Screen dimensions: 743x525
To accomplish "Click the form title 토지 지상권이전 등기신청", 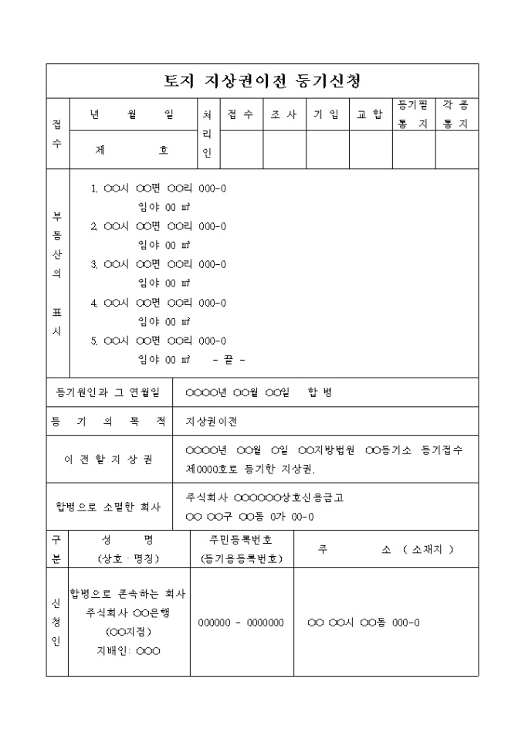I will click(x=262, y=81).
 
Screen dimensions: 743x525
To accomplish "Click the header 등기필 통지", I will click(x=413, y=114).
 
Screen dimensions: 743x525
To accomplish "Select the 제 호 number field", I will click(x=131, y=151).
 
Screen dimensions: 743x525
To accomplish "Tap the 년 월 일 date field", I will click(x=131, y=114).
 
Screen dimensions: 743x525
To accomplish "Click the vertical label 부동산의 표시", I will click(x=57, y=274).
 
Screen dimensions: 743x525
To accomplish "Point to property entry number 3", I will click(x=159, y=264).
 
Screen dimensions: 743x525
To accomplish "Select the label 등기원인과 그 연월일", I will click(x=109, y=393).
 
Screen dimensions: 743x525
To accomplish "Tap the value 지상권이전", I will click(x=212, y=422).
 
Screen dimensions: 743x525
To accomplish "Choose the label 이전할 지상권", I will click(x=109, y=459).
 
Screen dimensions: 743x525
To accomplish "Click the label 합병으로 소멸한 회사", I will click(x=109, y=507).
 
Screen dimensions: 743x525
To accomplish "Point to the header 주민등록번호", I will click(x=241, y=539).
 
